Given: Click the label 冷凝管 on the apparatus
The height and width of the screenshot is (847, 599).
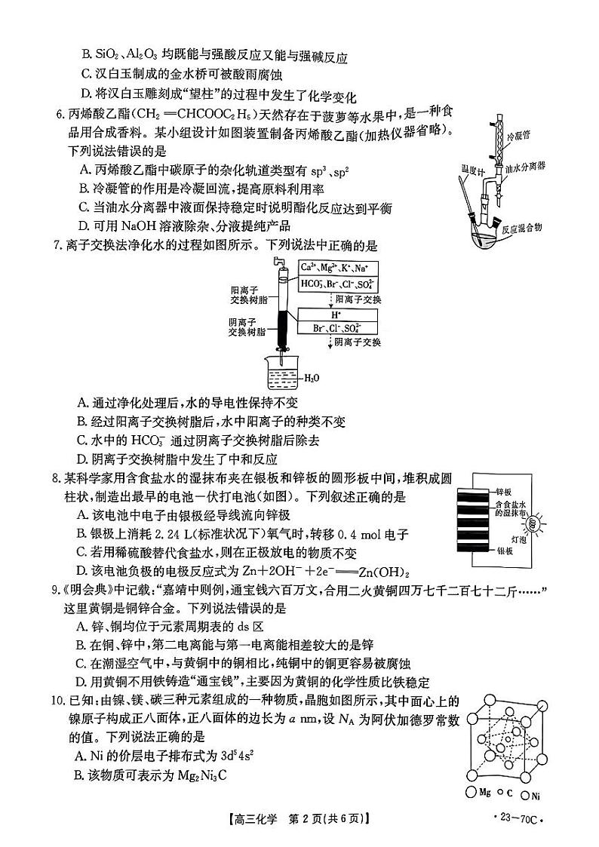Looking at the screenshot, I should coord(518,137).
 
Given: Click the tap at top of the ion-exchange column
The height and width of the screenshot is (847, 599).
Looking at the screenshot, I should coord(278,260).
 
